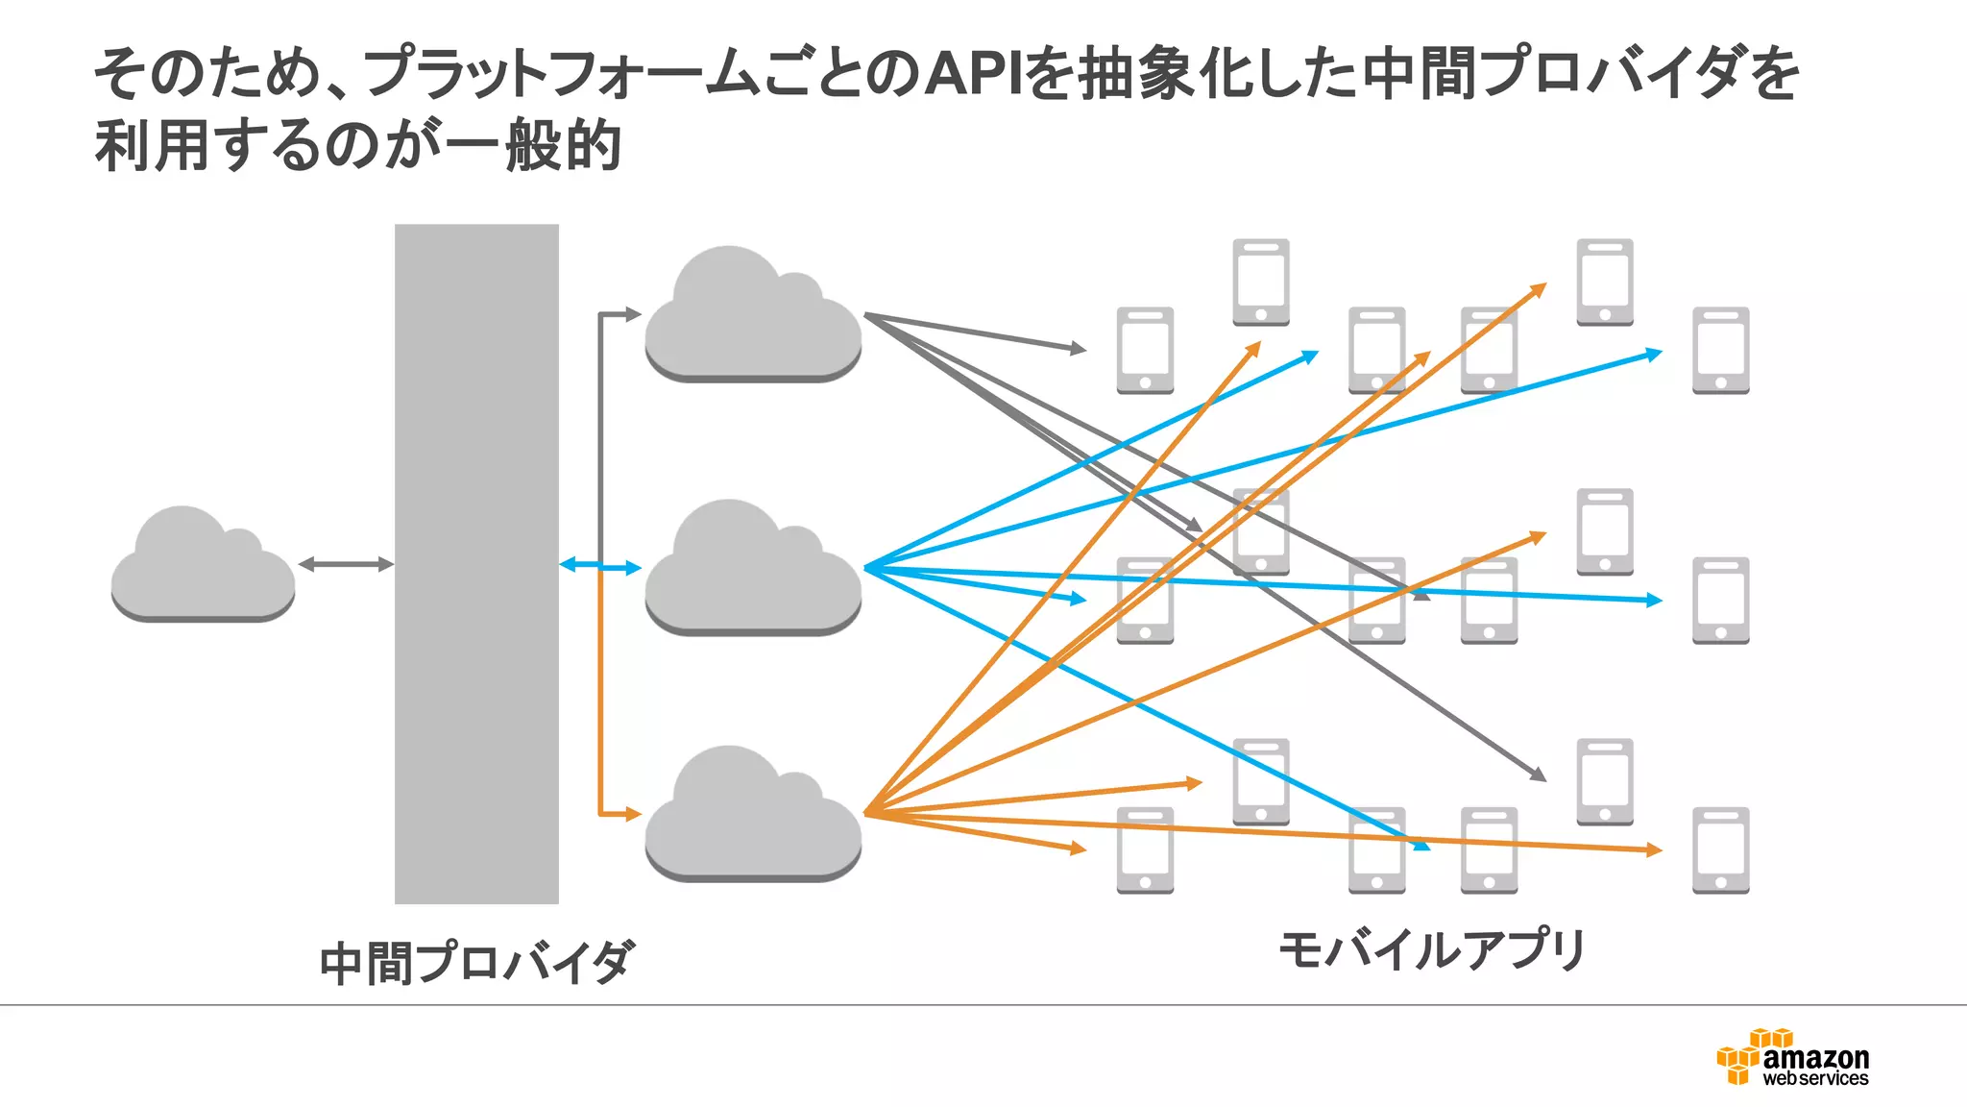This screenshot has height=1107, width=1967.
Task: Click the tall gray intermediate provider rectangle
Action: coord(476,563)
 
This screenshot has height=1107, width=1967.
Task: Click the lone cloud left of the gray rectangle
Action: coord(203,567)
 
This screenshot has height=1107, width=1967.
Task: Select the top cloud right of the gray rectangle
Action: coord(752,317)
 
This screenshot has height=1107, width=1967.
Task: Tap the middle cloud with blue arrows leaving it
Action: coord(752,571)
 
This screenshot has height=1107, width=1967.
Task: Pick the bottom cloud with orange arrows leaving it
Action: coord(752,817)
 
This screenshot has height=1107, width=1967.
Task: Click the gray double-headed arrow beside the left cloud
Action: coord(346,564)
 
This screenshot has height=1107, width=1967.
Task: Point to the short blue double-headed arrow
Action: coord(600,566)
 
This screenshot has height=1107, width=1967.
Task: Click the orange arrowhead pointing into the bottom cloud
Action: coord(632,814)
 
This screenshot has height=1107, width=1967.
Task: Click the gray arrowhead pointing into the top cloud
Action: coord(632,314)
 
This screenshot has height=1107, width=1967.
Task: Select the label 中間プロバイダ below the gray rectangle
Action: coord(477,962)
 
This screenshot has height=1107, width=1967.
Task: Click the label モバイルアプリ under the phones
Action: coord(1432,950)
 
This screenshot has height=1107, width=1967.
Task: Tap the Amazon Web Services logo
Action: coord(1793,1058)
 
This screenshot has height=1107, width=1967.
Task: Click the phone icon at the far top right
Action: coord(1720,351)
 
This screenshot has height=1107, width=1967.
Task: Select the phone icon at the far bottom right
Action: coord(1720,850)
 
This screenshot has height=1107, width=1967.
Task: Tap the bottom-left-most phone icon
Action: coord(1145,850)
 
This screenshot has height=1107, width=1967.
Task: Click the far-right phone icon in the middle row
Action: coord(1720,601)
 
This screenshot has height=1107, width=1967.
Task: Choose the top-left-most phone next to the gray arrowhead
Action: coord(1145,351)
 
